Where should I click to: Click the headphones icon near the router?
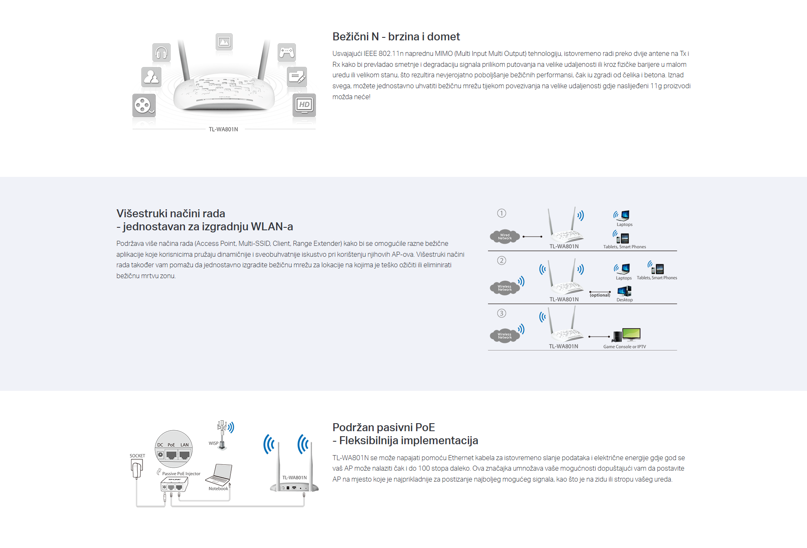click(161, 53)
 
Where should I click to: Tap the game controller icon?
click(287, 52)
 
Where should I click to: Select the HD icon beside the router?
click(304, 105)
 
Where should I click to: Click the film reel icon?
click(144, 105)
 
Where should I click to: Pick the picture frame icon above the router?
click(224, 42)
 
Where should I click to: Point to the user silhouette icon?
click(151, 77)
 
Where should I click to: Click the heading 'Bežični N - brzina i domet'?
click(396, 37)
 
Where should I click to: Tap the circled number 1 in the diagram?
click(501, 213)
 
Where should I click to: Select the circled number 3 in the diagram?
click(501, 313)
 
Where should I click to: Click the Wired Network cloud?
click(504, 237)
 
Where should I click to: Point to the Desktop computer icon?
click(624, 291)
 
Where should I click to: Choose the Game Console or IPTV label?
click(625, 347)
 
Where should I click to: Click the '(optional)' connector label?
click(600, 295)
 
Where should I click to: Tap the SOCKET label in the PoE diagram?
click(137, 456)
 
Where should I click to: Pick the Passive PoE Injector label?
click(181, 474)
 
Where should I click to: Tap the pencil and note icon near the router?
click(297, 77)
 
